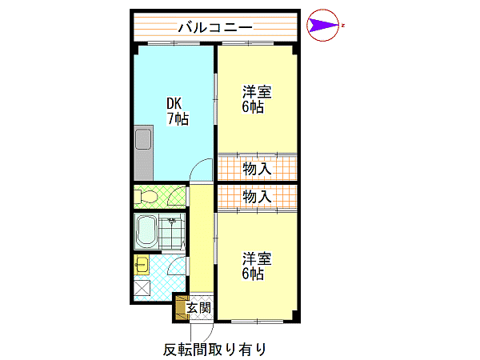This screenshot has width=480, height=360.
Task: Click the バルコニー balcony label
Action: (215, 27)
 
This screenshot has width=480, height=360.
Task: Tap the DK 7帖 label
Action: (178, 111)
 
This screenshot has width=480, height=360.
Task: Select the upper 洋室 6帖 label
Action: (257, 99)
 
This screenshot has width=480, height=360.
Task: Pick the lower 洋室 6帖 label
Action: (257, 266)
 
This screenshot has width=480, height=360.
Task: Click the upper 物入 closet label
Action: (257, 169)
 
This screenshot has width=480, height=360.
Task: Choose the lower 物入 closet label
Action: (257, 197)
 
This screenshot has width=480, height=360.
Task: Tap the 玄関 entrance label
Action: (199, 308)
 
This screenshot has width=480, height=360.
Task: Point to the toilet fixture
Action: (146, 196)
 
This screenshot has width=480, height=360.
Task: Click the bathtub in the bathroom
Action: (146, 231)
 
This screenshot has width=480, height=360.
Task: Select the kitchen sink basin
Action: (143, 139)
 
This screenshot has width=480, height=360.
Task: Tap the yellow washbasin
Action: (142, 265)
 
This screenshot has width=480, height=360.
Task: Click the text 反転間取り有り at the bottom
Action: (214, 350)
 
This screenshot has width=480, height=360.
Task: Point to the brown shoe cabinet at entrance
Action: (181, 308)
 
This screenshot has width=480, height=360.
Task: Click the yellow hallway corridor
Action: (202, 238)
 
